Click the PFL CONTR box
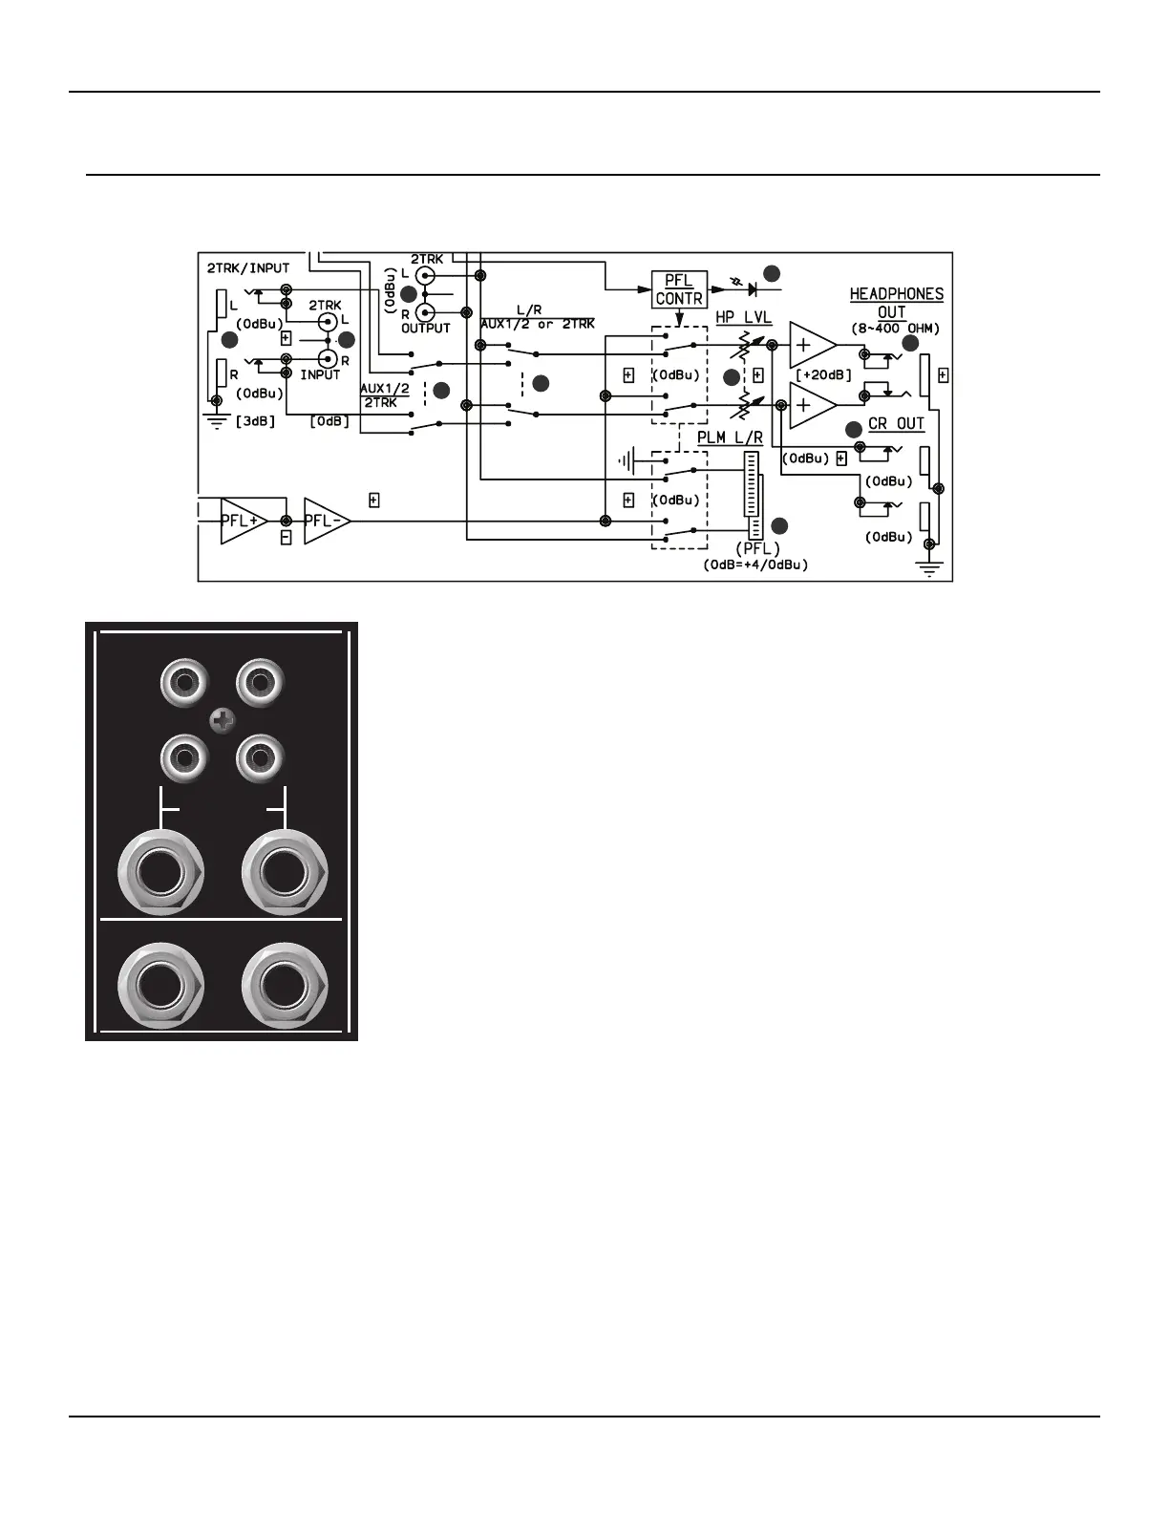pos(678,289)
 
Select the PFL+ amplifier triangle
pos(242,521)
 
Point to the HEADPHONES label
pos(896,294)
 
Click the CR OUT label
pos(896,424)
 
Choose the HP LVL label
pos(743,318)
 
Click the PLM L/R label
pos(730,438)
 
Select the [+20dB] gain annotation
pos(822,375)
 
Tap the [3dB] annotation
pos(255,421)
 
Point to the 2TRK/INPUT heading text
pos(248,268)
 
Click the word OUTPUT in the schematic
pos(425,328)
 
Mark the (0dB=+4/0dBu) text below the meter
pos(755,565)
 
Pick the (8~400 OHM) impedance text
pos(895,328)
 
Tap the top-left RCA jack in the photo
pos(181,684)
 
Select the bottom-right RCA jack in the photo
pos(259,760)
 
